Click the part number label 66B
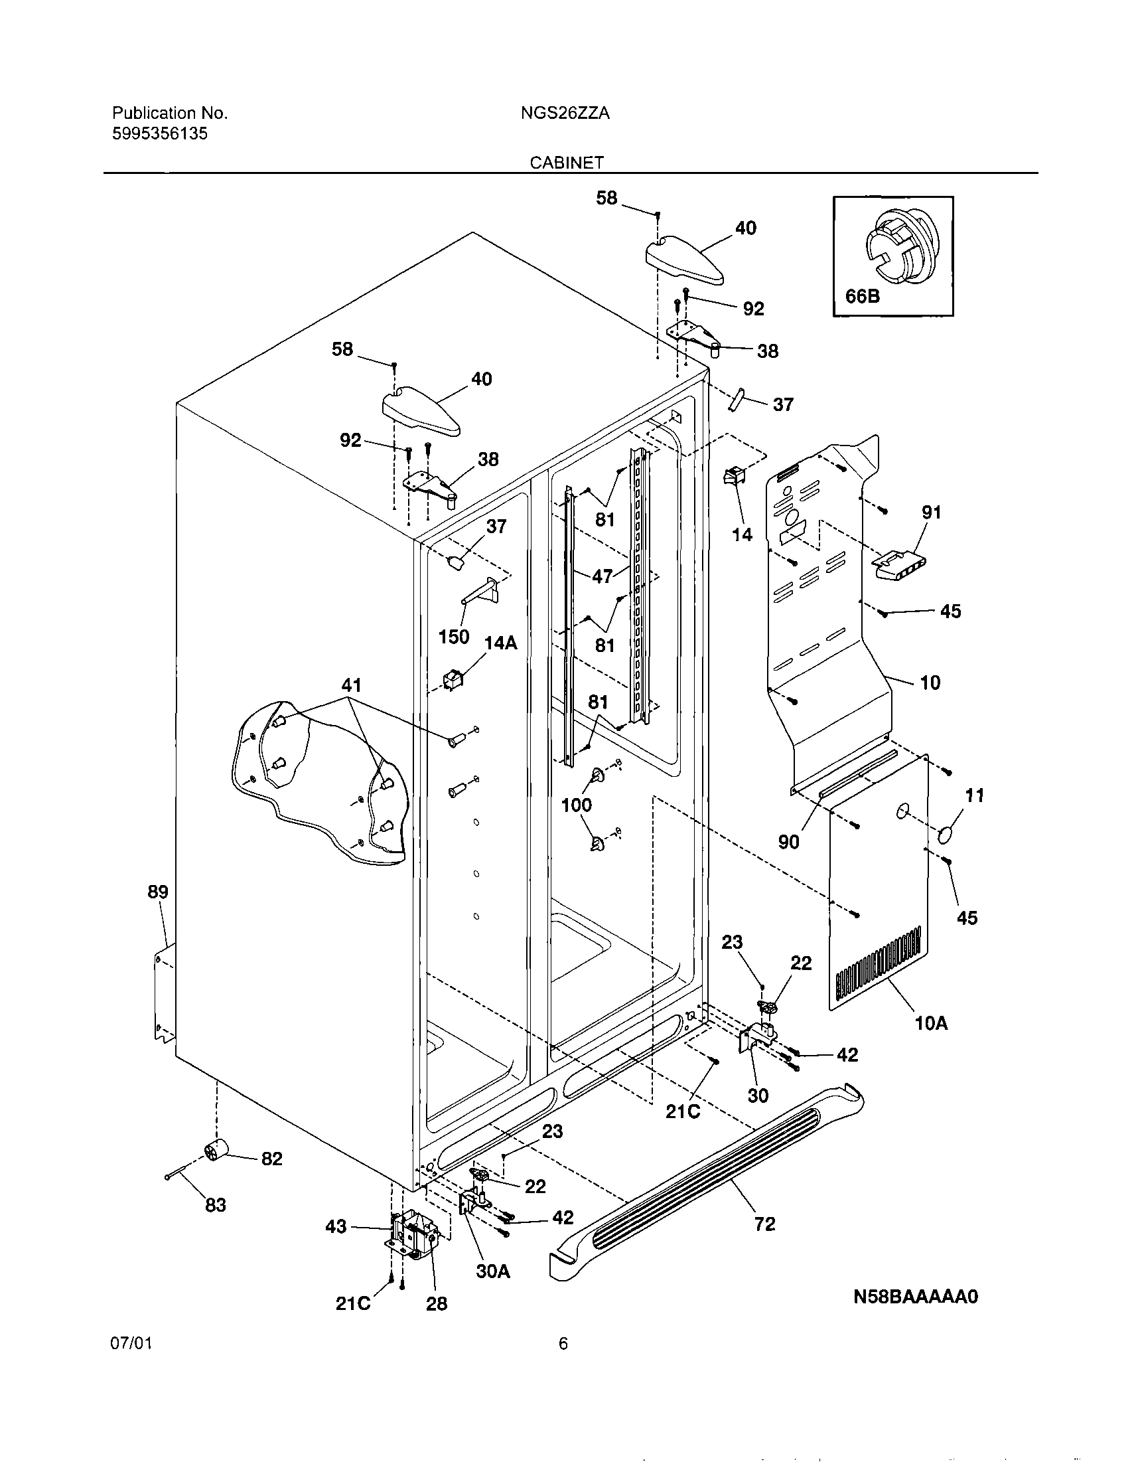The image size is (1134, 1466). click(862, 295)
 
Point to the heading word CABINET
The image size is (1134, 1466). click(567, 163)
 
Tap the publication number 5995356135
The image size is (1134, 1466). click(159, 133)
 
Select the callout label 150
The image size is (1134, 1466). click(454, 636)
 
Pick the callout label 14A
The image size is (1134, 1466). click(500, 643)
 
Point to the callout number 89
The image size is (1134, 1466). click(158, 892)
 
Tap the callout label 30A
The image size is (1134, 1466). click(493, 1271)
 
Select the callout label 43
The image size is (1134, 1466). click(336, 1227)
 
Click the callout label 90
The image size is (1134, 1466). click(788, 842)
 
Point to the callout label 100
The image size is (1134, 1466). click(576, 804)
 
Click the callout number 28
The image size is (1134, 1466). click(436, 1303)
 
